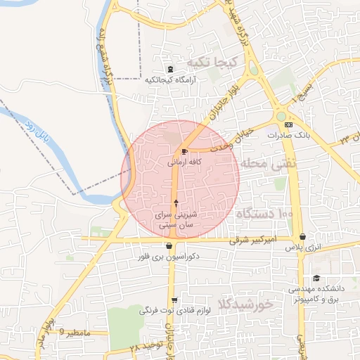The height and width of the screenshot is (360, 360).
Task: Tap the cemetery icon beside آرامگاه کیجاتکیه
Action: [170, 69]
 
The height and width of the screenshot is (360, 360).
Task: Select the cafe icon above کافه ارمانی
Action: [184, 151]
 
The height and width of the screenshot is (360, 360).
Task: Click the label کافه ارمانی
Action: [185, 162]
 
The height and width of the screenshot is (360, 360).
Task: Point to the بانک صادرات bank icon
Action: [288, 124]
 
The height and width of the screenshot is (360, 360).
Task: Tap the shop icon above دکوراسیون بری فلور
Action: [169, 246]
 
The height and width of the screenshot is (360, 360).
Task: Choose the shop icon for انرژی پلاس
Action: [302, 237]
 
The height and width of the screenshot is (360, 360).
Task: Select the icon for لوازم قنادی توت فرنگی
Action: [174, 300]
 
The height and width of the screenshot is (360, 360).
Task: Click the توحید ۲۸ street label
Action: [146, 347]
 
